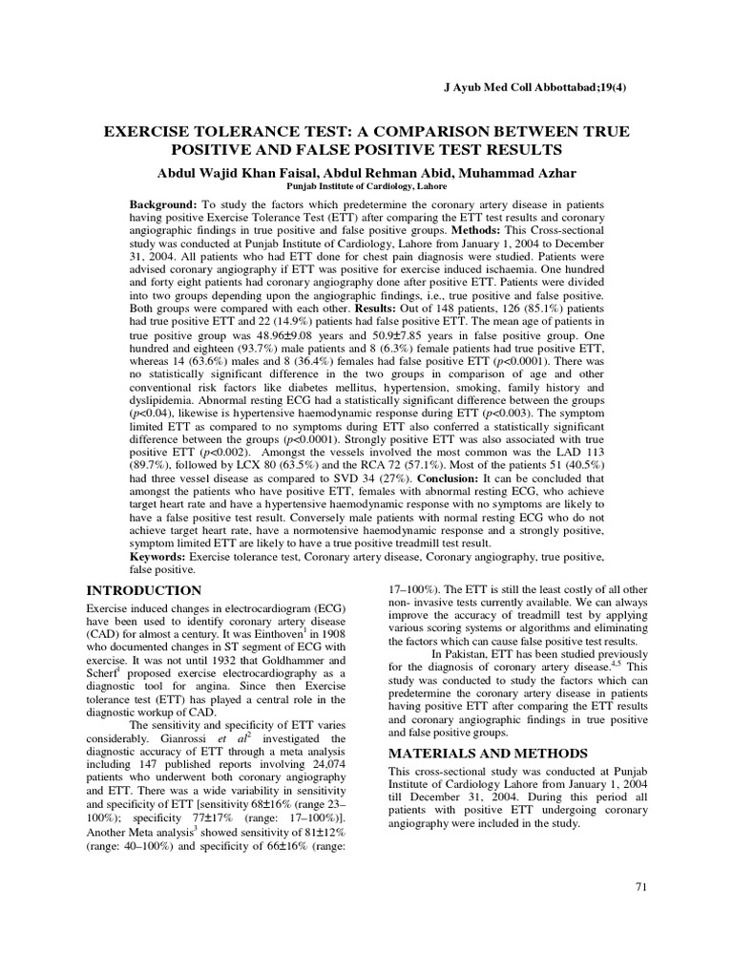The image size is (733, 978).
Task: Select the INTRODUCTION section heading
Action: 144,590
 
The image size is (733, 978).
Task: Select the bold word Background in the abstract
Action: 163,205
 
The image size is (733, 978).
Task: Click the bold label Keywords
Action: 158,556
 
